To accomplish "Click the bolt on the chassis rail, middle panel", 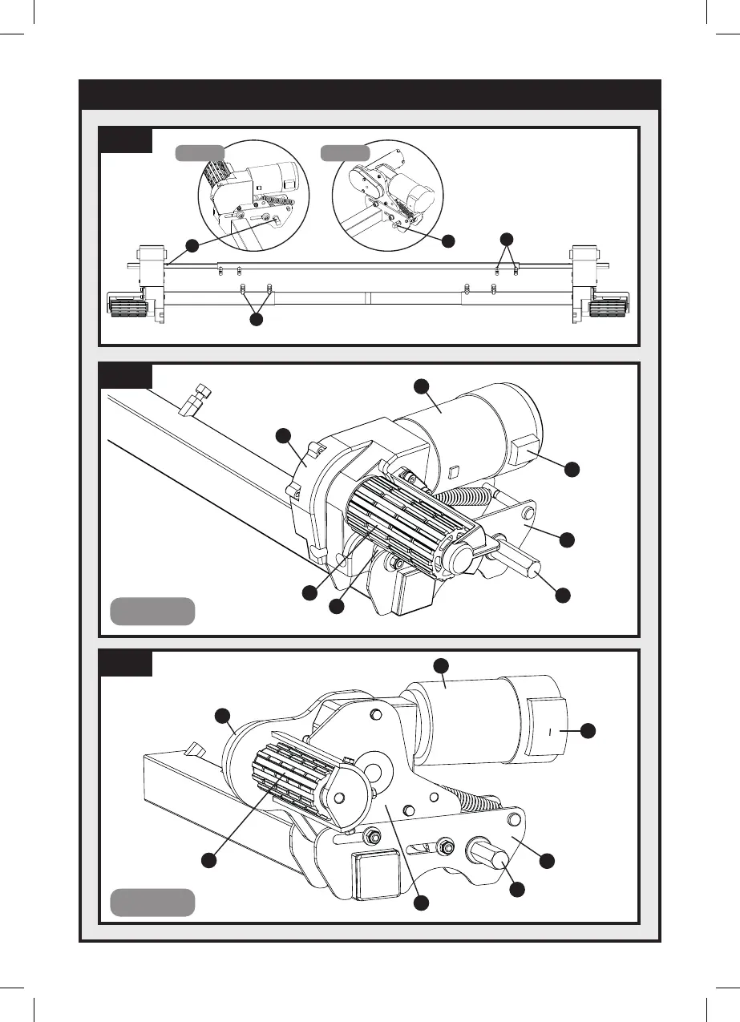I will [x=195, y=399].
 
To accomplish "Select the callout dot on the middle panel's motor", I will [x=421, y=386].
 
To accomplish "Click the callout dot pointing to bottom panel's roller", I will [x=208, y=859].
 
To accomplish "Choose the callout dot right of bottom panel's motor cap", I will [x=588, y=729].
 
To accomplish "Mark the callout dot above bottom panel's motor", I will [x=440, y=665].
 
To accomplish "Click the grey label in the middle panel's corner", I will [x=152, y=611].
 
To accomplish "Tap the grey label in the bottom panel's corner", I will [x=152, y=902].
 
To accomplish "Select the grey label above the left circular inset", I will [x=200, y=152].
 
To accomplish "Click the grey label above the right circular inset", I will [x=346, y=152].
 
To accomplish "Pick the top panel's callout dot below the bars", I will [x=256, y=319].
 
